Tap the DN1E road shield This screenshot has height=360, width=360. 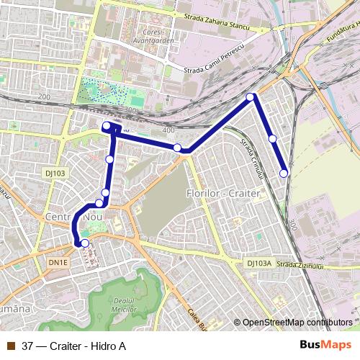tap(58, 263)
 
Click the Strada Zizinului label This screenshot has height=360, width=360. tap(300, 265)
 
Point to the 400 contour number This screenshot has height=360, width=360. tap(168, 130)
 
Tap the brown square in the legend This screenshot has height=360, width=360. tap(10, 345)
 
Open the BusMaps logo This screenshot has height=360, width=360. tap(325, 344)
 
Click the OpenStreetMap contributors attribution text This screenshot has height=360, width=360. tap(297, 323)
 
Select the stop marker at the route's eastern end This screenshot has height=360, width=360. tap(284, 173)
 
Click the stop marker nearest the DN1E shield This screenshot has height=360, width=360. tap(85, 243)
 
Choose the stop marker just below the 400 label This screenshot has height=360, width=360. tap(177, 148)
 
